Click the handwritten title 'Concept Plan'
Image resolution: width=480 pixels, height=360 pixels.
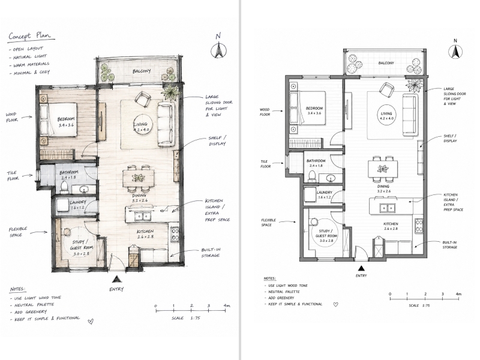[32, 36]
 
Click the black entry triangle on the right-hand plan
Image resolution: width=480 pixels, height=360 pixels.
[361, 268]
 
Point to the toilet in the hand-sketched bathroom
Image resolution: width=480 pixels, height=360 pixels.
[64, 187]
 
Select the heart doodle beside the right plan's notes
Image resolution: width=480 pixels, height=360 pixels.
[335, 305]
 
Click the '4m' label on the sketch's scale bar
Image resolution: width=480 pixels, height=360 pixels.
[227, 305]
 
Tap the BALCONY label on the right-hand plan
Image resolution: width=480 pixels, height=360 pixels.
[386, 63]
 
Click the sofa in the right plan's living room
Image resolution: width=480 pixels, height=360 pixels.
[410, 115]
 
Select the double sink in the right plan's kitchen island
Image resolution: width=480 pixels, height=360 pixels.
[387, 208]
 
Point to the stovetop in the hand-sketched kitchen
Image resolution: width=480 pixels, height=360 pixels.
[175, 234]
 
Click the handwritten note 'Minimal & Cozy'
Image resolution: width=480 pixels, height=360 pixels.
[31, 73]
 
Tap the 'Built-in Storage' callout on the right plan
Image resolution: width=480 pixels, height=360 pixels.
[449, 245]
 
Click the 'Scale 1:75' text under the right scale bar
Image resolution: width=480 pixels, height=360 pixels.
[419, 305]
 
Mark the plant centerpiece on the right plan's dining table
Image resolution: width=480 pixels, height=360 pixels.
[383, 169]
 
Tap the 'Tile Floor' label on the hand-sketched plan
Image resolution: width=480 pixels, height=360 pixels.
[13, 175]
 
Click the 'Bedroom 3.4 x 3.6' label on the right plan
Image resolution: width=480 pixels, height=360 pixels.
[314, 110]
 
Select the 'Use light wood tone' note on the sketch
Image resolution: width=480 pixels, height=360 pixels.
[38, 298]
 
